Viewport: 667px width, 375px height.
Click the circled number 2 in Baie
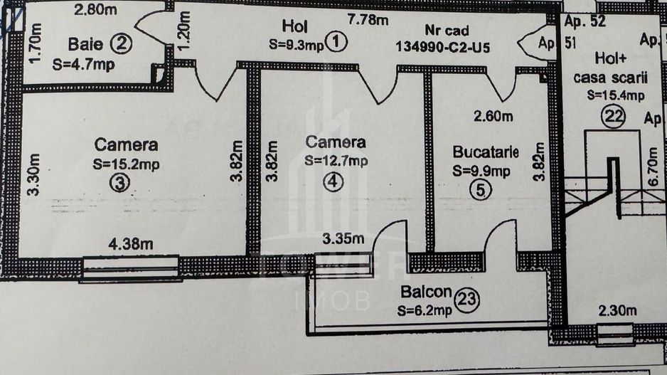pyautogui.click(x=122, y=44)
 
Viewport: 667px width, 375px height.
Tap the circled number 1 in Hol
pyautogui.click(x=336, y=43)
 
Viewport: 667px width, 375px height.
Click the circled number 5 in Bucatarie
pyautogui.click(x=481, y=191)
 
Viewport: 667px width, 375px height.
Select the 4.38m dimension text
pyautogui.click(x=131, y=243)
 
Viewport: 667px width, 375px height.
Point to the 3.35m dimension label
pyautogui.click(x=343, y=238)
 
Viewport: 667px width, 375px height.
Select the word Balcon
pyautogui.click(x=426, y=292)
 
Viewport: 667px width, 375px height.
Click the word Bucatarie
pyautogui.click(x=486, y=152)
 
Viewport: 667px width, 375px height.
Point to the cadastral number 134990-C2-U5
pyautogui.click(x=446, y=47)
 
